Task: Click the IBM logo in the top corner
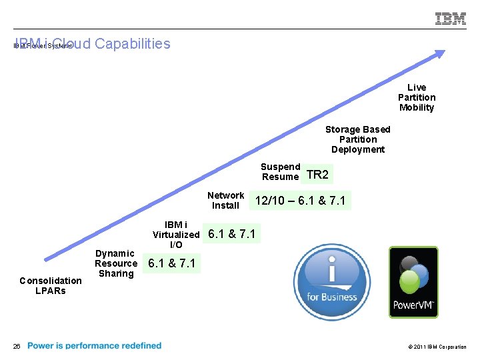pos(451,19)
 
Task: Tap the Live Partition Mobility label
pos(417,97)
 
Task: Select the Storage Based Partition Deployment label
pos(357,139)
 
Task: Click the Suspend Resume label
pos(280,172)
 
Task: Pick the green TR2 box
pos(318,175)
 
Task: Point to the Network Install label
pos(225,201)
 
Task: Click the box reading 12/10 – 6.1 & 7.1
pos(300,201)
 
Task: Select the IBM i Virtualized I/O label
pos(176,235)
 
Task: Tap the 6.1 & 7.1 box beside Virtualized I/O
pos(232,234)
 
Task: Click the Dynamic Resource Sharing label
pos(115,263)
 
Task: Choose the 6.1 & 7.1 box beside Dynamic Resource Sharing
pos(172,263)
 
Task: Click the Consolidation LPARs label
pos(51,285)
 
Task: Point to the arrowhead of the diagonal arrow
pos(439,55)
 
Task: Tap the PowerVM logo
pos(413,282)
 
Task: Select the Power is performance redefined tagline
pos(94,346)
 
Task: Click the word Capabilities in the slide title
pos(133,44)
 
